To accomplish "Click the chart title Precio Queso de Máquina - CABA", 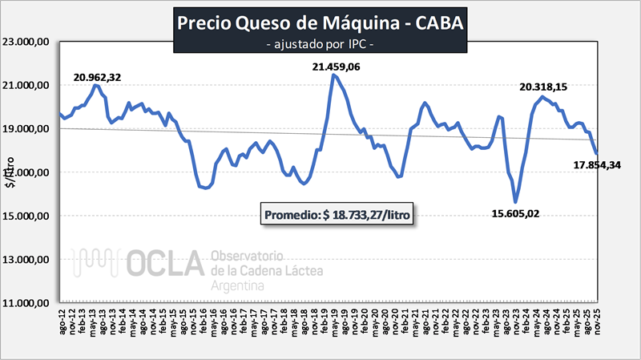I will (320, 23).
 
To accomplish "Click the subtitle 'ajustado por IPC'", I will (320, 45).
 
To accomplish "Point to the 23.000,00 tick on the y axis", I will (28, 42).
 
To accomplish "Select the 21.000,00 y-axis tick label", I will (28, 86).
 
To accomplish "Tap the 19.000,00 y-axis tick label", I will (28, 129).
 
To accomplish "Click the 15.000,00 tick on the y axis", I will (28, 216).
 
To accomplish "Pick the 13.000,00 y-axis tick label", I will (28, 260).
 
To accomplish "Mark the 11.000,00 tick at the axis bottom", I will (28, 304).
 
